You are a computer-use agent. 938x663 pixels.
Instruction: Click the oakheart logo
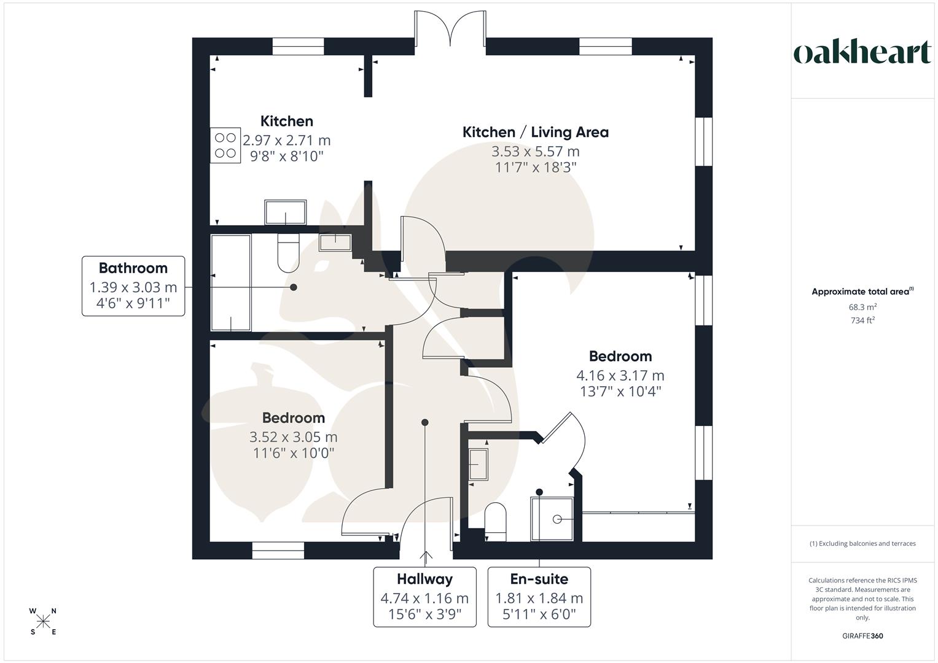(x=862, y=53)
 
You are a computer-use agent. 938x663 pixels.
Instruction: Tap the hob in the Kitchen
(x=225, y=145)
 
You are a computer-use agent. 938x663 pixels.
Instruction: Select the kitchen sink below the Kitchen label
(x=286, y=212)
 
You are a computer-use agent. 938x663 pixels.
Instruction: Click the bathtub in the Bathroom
(x=231, y=283)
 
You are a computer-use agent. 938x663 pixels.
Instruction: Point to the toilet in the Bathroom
(x=288, y=252)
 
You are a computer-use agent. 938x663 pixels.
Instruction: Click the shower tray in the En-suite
(x=552, y=519)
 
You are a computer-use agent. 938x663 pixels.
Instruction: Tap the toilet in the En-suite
(x=495, y=522)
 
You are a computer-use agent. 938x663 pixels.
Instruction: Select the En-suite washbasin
(x=478, y=464)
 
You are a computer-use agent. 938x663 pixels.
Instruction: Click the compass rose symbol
(x=43, y=622)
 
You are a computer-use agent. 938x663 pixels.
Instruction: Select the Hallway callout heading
(x=424, y=579)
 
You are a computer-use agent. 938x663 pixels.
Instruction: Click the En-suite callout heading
(x=539, y=579)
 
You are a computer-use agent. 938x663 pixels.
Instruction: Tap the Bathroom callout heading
(x=133, y=268)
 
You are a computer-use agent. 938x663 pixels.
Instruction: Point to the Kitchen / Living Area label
(x=535, y=132)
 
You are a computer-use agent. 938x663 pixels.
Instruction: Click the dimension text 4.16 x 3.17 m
(x=620, y=375)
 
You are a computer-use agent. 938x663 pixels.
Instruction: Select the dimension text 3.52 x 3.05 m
(x=293, y=437)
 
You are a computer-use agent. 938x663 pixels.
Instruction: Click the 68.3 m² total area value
(x=862, y=307)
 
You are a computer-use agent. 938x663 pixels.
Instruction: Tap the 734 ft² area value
(x=862, y=320)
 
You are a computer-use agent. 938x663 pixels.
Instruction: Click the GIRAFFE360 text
(x=862, y=636)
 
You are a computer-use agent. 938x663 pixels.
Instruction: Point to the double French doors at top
(x=450, y=29)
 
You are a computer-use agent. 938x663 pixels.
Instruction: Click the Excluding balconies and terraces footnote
(x=862, y=543)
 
